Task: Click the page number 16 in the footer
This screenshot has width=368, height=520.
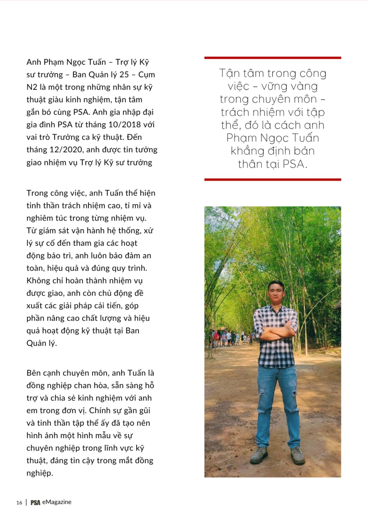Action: tap(19, 503)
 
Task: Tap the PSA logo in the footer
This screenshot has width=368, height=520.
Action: tap(35, 503)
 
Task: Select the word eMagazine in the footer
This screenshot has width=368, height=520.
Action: tap(57, 502)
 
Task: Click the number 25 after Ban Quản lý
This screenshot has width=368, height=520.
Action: tap(124, 75)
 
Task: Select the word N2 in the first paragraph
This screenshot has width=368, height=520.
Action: tap(32, 87)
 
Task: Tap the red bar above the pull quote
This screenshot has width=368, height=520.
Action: tap(272, 58)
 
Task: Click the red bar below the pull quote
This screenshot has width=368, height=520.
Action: tap(272, 179)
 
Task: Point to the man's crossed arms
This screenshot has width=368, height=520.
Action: tap(276, 330)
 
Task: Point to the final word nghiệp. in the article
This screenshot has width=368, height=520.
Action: tap(40, 473)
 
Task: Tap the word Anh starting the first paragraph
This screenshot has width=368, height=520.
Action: tap(34, 62)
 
